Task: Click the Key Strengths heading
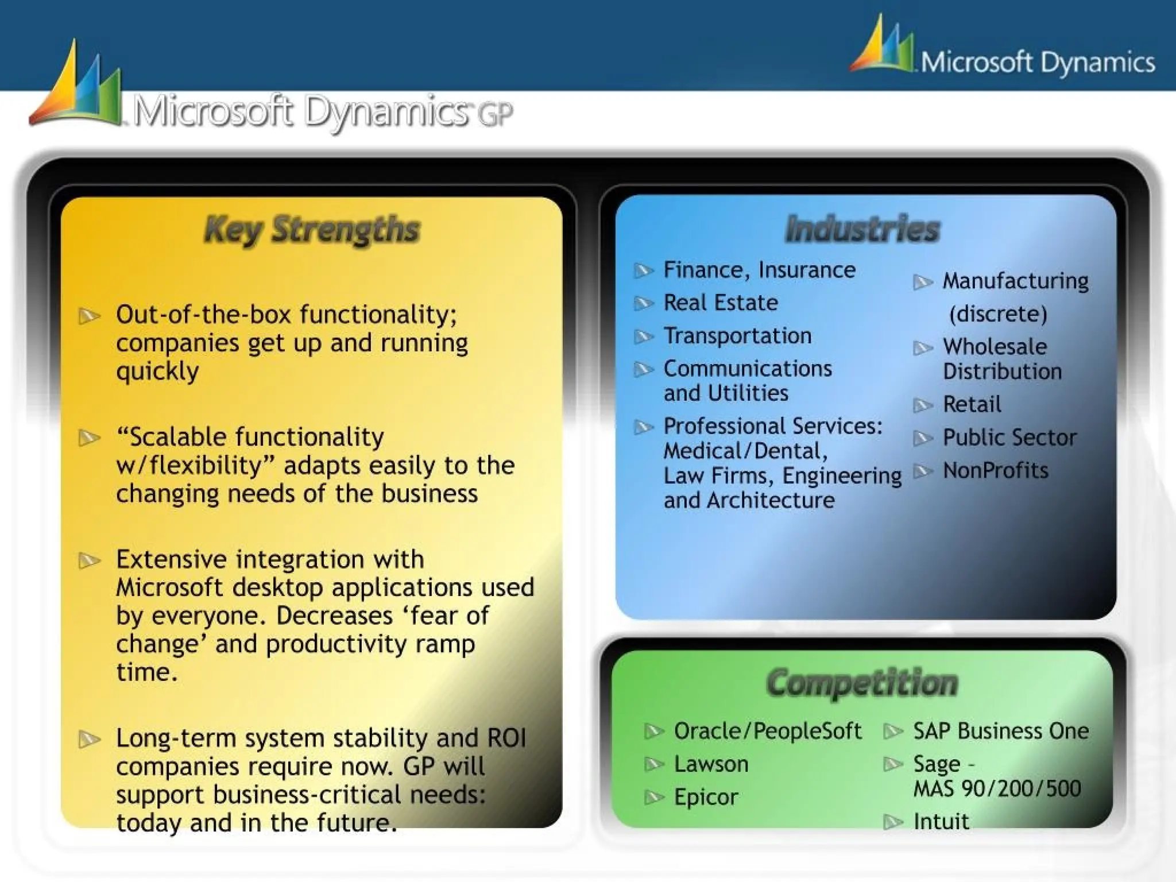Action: [x=312, y=230]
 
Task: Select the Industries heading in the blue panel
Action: [x=862, y=229]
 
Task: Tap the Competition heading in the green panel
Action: [x=862, y=683]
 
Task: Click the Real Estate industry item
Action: [x=721, y=303]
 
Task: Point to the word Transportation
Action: [x=737, y=335]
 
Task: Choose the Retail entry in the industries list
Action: [x=972, y=404]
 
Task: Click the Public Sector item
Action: [x=1009, y=438]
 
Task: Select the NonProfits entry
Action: [x=995, y=470]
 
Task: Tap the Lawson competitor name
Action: [x=711, y=764]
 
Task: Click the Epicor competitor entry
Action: [x=706, y=797]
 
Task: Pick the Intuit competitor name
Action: [x=941, y=821]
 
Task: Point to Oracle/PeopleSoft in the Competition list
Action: [x=767, y=731]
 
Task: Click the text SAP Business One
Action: [x=1001, y=731]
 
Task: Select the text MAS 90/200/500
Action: [x=997, y=788]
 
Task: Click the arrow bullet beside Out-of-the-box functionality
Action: [x=90, y=316]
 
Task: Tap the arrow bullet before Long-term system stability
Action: [x=90, y=739]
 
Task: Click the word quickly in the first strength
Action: [x=157, y=372]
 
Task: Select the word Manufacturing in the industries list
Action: [x=1015, y=281]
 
